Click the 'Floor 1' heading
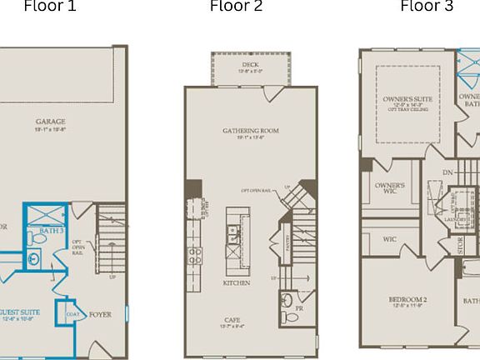click(49, 7)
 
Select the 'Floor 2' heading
click(236, 7)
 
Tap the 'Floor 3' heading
click(427, 7)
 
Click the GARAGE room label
click(50, 122)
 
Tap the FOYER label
click(100, 315)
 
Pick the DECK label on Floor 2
click(250, 64)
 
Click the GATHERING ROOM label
click(250, 131)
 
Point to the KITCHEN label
click(236, 282)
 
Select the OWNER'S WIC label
click(389, 189)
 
